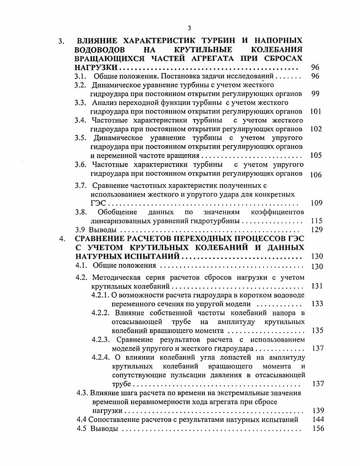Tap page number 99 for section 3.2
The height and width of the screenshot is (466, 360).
point(315,94)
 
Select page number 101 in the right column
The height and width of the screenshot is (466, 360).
point(316,111)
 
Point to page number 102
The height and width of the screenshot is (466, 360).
point(316,128)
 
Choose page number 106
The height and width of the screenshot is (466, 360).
point(316,174)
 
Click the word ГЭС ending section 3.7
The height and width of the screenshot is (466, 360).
point(99,203)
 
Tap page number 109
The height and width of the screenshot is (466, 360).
point(316,203)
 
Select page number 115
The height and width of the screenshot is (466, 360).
point(316,221)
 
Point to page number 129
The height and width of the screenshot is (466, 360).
point(316,229)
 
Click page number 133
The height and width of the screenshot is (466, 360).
point(317,304)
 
